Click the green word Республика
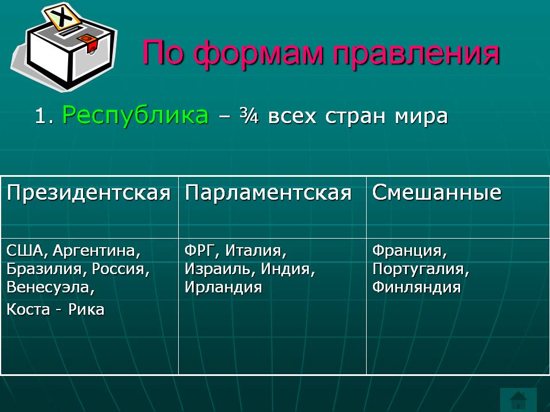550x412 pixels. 135,116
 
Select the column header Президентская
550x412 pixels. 89,193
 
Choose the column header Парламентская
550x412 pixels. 268,193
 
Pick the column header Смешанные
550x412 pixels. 437,193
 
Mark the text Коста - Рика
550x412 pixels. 56,310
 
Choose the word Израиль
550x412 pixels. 220,269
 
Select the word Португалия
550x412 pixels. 421,269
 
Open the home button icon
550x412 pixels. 518,399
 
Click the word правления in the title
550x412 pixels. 417,53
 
